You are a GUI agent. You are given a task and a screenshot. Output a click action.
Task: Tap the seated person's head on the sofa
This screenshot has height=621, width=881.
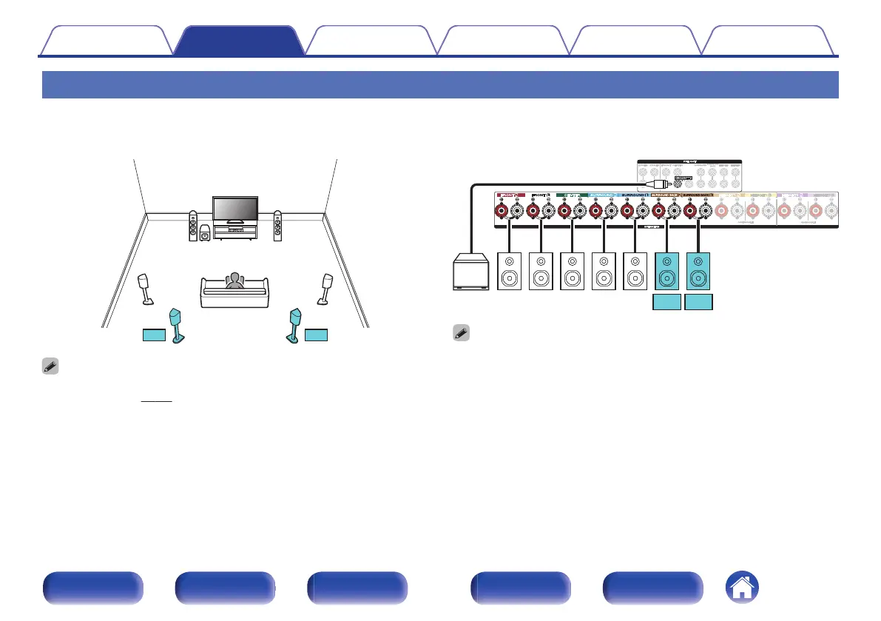pyautogui.click(x=235, y=279)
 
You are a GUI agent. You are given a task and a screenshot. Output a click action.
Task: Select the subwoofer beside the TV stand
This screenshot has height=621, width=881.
pyautogui.click(x=205, y=235)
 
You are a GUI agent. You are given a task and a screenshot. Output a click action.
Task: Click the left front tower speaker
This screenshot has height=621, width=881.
pyautogui.click(x=192, y=226)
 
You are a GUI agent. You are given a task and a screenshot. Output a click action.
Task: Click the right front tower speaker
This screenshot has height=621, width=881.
pyautogui.click(x=277, y=226)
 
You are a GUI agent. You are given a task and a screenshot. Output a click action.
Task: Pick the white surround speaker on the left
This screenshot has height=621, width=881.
pyautogui.click(x=146, y=289)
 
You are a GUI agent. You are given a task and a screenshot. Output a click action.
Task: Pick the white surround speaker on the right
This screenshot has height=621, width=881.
pyautogui.click(x=325, y=289)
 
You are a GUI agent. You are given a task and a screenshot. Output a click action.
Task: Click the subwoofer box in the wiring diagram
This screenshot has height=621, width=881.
pyautogui.click(x=470, y=272)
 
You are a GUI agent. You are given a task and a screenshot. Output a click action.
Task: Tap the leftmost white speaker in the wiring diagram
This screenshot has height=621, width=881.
pyautogui.click(x=510, y=272)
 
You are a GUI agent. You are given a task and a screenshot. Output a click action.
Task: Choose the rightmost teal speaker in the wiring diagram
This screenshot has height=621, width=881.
pyautogui.click(x=699, y=272)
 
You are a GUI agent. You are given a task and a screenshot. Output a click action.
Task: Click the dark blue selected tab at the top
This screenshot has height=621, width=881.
pyautogui.click(x=238, y=40)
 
